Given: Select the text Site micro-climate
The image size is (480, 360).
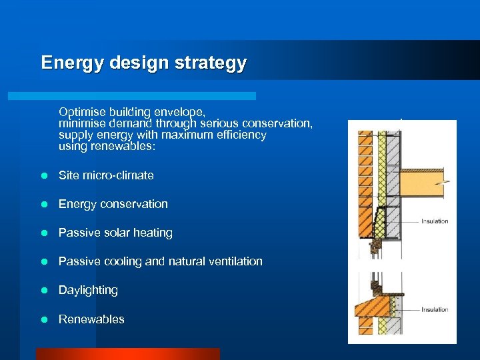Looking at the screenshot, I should click(106, 175).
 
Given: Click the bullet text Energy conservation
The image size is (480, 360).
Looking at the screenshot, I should click(113, 204).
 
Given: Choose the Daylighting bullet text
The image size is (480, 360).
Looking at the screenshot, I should click(88, 290).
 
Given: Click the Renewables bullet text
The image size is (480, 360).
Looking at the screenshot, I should click(91, 319).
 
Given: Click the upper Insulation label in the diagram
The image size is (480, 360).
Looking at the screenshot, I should click(435, 221).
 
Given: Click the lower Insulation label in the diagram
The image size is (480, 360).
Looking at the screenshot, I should click(435, 309).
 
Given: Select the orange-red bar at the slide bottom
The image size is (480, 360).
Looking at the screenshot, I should click(127, 354).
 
